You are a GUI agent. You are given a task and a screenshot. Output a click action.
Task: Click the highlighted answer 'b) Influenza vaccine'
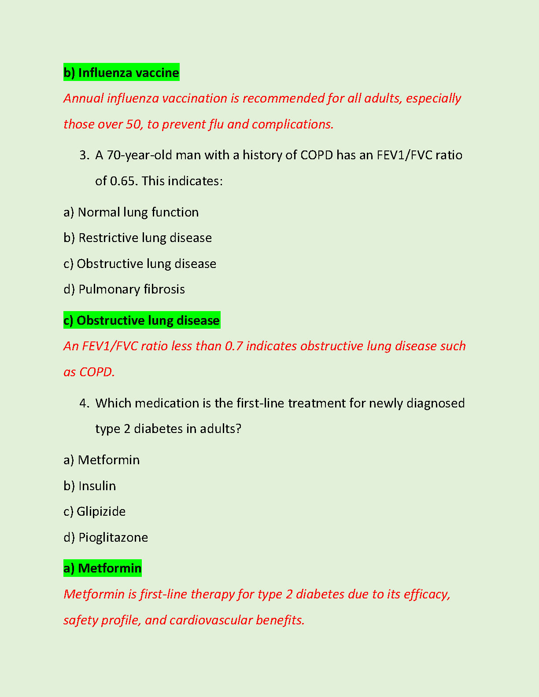tap(121, 73)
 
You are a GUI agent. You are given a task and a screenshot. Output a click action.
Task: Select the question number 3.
tap(84, 155)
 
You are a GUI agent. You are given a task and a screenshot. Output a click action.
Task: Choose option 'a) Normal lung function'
tap(131, 213)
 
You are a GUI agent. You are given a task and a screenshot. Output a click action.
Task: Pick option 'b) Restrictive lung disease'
tap(137, 238)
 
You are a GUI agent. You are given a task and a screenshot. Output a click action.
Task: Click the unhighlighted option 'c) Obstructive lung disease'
tap(140, 264)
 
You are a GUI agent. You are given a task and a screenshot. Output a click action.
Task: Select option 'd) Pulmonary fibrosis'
tap(124, 290)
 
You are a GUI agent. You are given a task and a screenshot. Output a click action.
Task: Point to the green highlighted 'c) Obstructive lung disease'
tap(141, 320)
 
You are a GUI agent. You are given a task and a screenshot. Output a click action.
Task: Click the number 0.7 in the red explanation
tap(233, 346)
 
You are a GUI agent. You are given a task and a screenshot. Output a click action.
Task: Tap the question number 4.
tap(84, 403)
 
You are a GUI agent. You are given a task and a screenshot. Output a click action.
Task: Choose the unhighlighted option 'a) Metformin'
tap(101, 460)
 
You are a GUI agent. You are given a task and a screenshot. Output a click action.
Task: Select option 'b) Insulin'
tap(89, 486)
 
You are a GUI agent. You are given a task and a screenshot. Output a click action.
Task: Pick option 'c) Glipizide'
tap(94, 512)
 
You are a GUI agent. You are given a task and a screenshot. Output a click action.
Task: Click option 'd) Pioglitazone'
tap(106, 538)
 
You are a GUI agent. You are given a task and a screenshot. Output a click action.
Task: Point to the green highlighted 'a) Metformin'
tap(102, 569)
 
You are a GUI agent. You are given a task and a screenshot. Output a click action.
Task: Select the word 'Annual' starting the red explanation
tap(83, 99)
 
